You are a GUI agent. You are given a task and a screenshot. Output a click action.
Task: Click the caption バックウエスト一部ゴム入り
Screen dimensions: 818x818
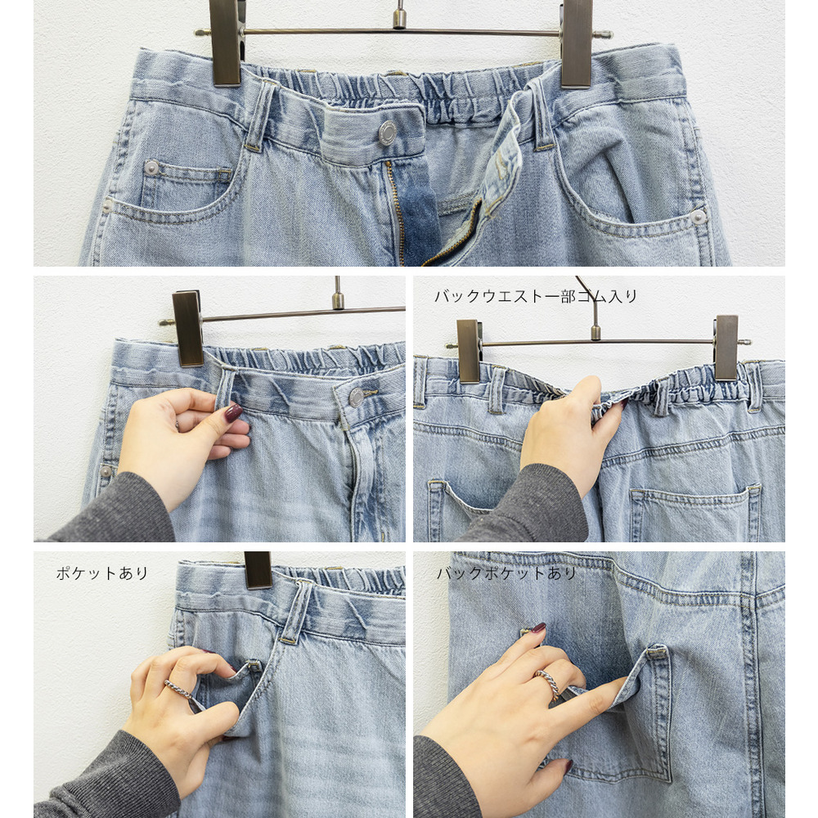click(535, 296)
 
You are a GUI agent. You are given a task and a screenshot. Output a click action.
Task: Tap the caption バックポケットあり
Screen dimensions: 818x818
click(506, 573)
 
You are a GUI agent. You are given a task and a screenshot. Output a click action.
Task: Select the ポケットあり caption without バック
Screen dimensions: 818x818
click(102, 573)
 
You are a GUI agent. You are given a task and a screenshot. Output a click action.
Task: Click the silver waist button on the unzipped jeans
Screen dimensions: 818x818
click(387, 133)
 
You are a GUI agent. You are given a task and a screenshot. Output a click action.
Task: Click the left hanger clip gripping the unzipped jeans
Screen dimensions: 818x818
click(225, 41)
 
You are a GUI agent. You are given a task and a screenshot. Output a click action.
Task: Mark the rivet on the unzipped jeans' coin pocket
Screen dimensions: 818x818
click(151, 167)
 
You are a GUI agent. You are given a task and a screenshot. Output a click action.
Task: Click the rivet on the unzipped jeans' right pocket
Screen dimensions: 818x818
click(698, 217)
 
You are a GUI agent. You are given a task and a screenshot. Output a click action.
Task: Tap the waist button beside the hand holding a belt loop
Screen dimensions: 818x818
click(357, 397)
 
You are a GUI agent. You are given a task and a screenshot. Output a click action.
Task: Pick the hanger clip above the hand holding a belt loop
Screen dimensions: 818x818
click(187, 327)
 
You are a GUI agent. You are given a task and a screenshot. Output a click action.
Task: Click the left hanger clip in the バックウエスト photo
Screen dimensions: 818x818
click(470, 350)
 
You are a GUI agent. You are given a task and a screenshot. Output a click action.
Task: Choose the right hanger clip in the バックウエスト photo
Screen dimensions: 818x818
click(726, 347)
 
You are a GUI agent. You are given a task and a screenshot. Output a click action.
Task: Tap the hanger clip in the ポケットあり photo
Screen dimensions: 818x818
click(258, 569)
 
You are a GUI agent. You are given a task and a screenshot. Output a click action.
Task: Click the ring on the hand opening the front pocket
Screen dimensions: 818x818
click(178, 689)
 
